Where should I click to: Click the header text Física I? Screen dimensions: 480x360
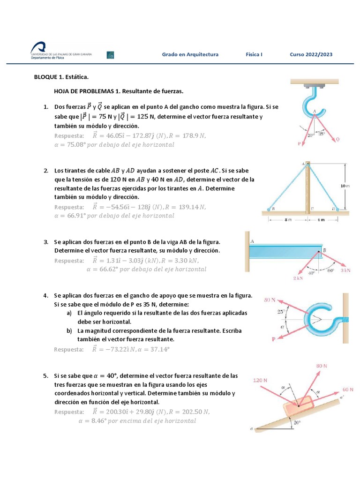[254, 54]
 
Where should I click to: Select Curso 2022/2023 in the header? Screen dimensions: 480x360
[311, 54]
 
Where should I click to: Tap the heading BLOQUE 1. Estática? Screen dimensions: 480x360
[61, 76]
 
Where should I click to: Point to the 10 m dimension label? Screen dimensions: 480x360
[345, 186]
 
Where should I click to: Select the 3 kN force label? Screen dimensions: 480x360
[345, 271]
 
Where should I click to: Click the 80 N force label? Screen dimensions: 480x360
[322, 365]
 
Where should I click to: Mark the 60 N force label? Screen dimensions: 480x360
[348, 390]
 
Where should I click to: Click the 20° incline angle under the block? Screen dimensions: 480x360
[296, 422]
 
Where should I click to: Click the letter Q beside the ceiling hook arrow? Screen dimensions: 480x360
[337, 139]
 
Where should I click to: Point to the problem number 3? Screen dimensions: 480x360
[46, 242]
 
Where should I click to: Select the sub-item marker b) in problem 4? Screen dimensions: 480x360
[68, 330]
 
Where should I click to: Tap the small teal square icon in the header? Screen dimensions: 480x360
[111, 55]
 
